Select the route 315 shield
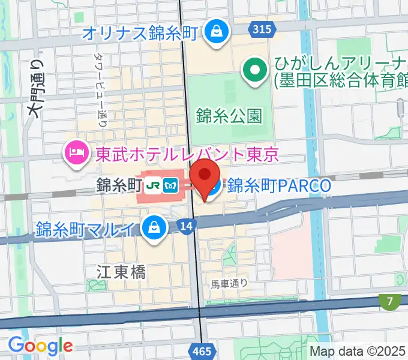point(261,29)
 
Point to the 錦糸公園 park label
point(229,115)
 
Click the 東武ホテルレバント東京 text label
point(187,155)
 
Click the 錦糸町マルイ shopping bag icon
point(154,228)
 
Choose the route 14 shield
point(186,226)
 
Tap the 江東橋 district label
point(121,272)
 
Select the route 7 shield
point(391,300)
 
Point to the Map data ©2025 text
point(358,352)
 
